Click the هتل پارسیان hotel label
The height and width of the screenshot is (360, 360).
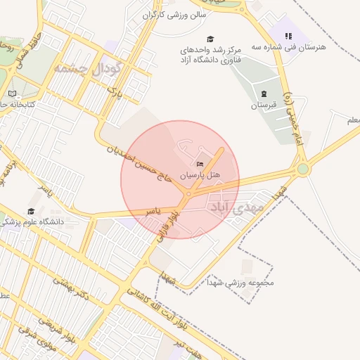200,174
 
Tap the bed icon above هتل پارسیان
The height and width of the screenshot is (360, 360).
200,164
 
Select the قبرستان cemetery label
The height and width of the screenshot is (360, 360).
264,105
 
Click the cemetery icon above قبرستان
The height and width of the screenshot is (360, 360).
264,94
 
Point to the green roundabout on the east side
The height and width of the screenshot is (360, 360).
303,169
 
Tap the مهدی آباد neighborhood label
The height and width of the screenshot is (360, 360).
236,209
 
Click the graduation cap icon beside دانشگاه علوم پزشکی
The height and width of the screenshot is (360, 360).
31,212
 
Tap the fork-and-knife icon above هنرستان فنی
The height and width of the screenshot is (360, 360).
288,36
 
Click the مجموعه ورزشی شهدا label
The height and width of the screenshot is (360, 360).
239,283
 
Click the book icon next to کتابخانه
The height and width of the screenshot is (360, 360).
12,94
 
